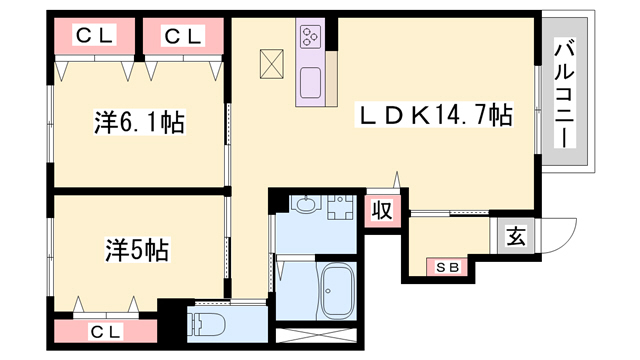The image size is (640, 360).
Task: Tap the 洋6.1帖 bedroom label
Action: [x=140, y=122]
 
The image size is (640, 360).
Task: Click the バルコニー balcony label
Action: [x=565, y=93]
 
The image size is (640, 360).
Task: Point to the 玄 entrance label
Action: [x=516, y=236]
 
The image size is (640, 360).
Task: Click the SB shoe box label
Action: [x=447, y=268]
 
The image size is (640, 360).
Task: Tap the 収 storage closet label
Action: [x=382, y=211]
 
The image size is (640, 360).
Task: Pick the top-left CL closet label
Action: [x=95, y=36]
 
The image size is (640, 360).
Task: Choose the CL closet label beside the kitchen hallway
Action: [x=183, y=36]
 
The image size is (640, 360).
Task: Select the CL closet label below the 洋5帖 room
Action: [x=106, y=332]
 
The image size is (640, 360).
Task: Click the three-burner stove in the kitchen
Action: [x=310, y=36]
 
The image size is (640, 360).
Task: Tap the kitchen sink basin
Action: [x=311, y=82]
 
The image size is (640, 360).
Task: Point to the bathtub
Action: [x=337, y=290]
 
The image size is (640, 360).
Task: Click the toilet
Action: [x=206, y=325]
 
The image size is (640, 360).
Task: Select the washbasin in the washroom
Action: [x=305, y=204]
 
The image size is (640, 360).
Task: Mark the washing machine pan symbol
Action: [x=340, y=207]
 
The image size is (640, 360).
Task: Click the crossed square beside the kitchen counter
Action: [x=272, y=64]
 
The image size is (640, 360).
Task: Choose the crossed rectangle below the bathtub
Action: [x=316, y=335]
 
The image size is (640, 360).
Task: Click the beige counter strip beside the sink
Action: [x=332, y=79]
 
